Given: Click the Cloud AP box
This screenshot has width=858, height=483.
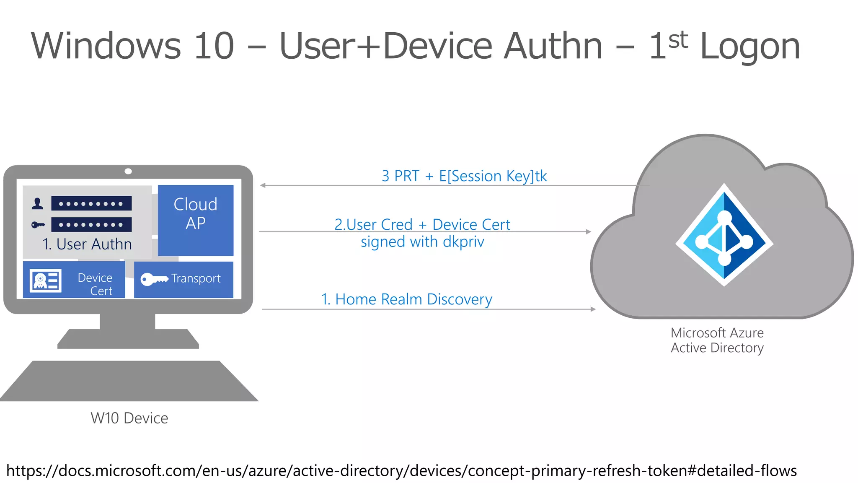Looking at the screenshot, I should (195, 220).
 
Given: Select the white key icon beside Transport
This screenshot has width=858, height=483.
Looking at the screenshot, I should (153, 279).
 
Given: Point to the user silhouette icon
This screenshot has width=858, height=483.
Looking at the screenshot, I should (37, 204).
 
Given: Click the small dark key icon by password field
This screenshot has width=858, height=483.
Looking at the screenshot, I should (38, 225).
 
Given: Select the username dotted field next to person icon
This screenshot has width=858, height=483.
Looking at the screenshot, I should (91, 204).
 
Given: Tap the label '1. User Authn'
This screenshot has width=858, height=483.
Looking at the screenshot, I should (87, 244).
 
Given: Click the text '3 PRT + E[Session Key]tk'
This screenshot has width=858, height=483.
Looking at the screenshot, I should (464, 176).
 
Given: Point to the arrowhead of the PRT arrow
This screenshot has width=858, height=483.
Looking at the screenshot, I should (263, 185).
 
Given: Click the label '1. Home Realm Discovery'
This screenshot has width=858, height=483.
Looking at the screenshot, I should (406, 299).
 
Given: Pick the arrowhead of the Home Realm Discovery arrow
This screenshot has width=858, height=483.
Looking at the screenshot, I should (593, 309).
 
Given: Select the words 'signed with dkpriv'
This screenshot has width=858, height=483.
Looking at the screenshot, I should (422, 242).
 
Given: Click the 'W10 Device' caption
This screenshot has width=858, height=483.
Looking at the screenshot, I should (129, 418).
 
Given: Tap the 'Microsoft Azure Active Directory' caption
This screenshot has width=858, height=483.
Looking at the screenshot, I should (717, 340).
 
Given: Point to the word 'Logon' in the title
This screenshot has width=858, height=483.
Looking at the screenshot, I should (749, 47).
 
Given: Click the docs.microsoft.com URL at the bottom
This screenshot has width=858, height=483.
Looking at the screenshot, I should (401, 470).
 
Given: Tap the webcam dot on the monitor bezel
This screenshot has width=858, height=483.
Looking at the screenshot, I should (128, 171).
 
